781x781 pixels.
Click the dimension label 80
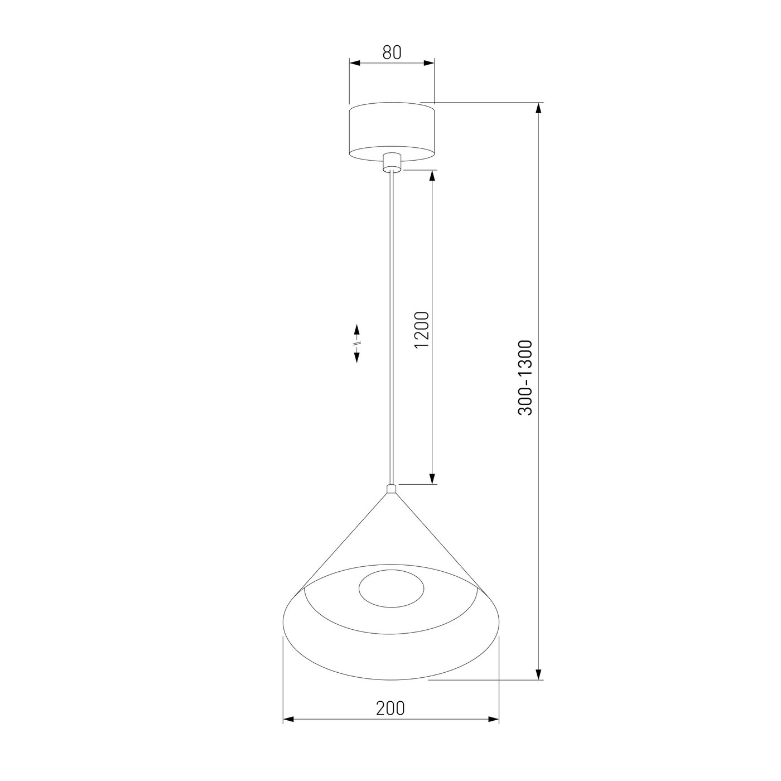tap(392, 52)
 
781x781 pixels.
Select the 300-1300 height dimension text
tap(525, 377)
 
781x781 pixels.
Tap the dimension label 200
tap(390, 708)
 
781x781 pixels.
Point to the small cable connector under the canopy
tap(392, 162)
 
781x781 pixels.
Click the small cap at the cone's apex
tap(391, 489)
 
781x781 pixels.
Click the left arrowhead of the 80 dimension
tap(355, 63)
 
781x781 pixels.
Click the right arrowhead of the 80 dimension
tap(429, 63)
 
